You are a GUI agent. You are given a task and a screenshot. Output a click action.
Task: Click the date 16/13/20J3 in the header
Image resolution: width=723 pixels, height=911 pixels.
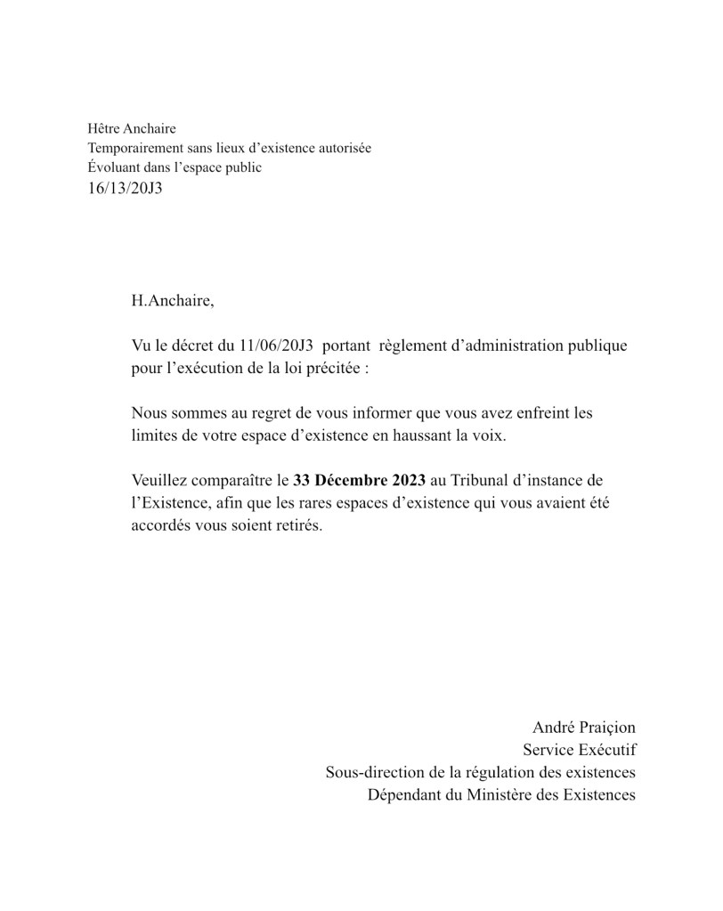pos(125,189)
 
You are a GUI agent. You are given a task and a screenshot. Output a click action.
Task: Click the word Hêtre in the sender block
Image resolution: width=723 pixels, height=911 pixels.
pos(103,129)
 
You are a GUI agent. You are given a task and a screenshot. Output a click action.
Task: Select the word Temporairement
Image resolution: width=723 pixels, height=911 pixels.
pos(130,148)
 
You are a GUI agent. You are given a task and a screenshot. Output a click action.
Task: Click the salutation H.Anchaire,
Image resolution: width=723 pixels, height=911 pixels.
pos(173,300)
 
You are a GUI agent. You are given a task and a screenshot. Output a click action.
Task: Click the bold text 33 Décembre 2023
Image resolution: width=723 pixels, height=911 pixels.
pos(359,481)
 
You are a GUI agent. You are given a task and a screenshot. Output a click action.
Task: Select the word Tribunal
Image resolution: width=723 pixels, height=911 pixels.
pos(479,481)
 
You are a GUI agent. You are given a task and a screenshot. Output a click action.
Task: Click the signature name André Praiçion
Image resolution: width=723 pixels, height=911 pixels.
pos(584,728)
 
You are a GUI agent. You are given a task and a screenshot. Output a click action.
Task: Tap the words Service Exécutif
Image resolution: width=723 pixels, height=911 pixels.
pos(580,750)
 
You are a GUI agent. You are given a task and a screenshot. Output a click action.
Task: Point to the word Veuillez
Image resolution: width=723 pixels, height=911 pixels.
pos(161,481)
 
